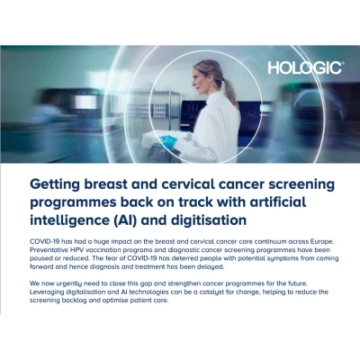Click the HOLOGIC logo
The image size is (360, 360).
(x=306, y=68)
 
